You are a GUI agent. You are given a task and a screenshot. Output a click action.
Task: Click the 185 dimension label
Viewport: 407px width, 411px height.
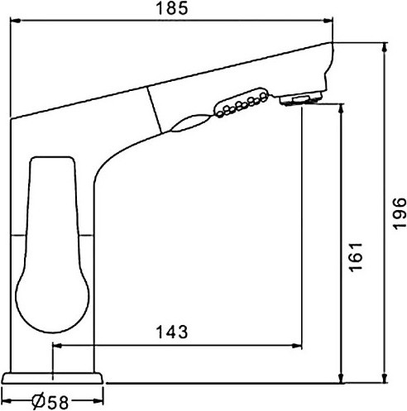(172, 8)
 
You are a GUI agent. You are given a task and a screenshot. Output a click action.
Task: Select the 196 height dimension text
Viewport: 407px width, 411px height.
(400, 213)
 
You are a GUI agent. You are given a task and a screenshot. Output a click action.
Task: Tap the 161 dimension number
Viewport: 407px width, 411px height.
(356, 257)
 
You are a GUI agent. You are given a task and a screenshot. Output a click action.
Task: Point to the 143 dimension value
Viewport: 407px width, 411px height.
(172, 332)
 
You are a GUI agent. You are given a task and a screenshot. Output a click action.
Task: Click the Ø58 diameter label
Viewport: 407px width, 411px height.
(50, 402)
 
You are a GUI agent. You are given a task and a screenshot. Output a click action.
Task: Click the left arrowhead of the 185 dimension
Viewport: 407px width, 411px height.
(15, 21)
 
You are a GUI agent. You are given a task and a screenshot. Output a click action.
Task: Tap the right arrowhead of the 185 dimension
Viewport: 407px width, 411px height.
(328, 21)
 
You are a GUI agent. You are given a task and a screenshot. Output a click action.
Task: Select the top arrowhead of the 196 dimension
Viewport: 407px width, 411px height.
(385, 48)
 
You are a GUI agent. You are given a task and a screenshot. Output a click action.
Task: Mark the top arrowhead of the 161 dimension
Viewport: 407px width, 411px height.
(342, 109)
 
